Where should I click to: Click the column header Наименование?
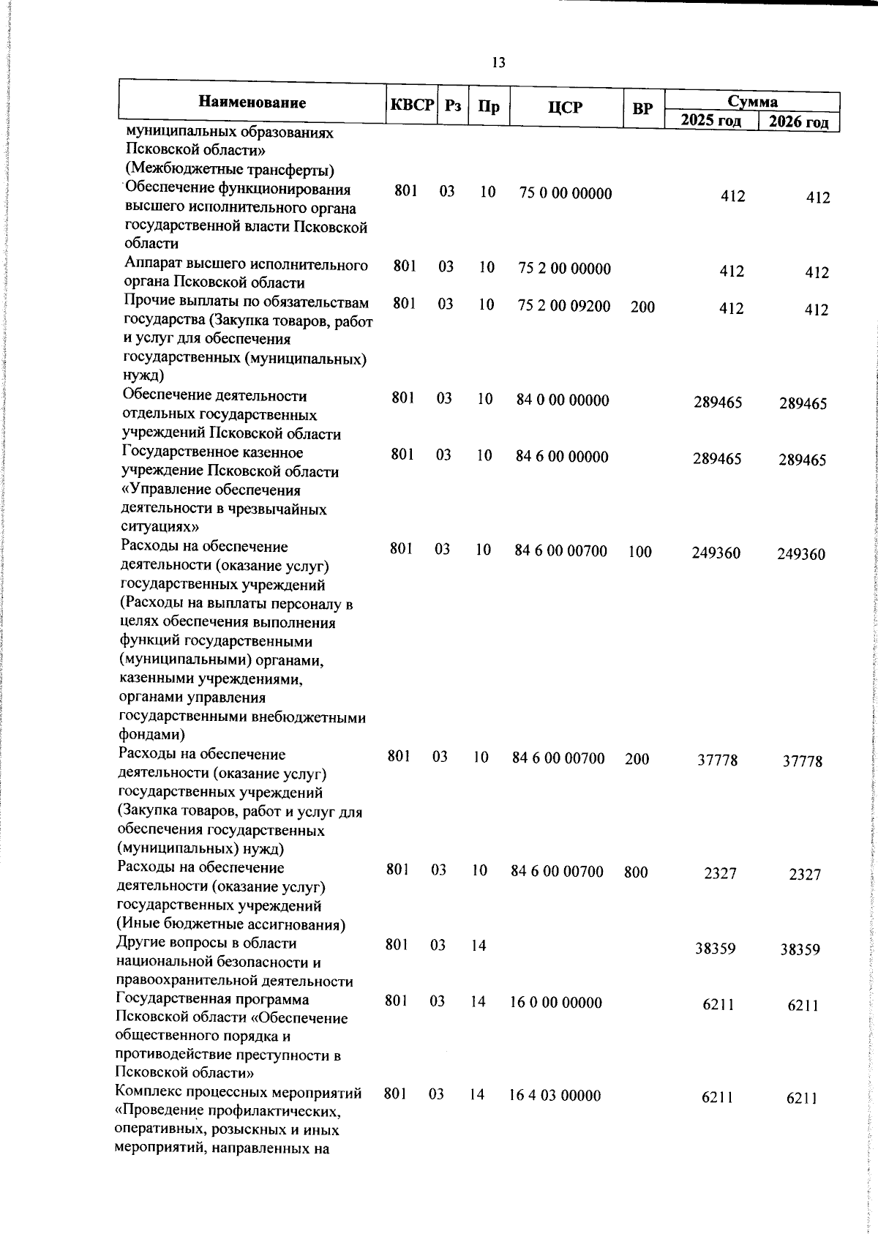pos(252,102)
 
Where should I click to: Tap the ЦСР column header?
pos(565,108)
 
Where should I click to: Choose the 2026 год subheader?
pos(798,121)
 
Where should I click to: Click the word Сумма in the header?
pos(752,101)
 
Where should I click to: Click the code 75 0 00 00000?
pos(565,194)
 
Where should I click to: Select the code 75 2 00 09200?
pos(563,306)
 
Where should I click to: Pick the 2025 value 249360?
pos(716,553)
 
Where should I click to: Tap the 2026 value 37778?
pos(802,761)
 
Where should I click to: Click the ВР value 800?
pos(636,872)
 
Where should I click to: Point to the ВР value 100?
pos(639,552)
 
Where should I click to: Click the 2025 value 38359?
pos(715,949)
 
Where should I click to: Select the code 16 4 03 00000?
pos(555,1096)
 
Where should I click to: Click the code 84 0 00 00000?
pos(562,400)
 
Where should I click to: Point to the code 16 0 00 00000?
pos(555,1003)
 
